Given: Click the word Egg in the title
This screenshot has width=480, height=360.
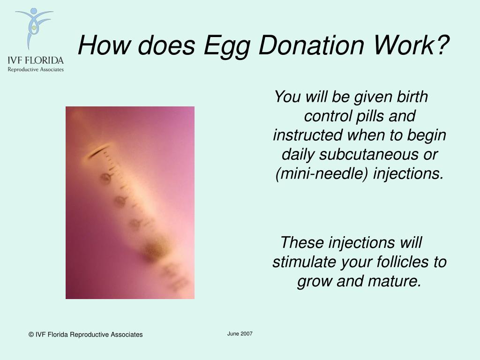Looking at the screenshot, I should click(227, 46).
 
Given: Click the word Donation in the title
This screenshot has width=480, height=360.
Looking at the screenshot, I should click(311, 46).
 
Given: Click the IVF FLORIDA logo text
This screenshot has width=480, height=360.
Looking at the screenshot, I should click(36, 60).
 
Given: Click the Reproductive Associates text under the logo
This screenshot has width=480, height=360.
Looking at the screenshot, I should click(36, 69).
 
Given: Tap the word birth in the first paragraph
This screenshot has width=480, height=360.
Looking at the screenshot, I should click(412, 97).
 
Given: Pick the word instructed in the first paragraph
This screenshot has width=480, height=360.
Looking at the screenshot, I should click(307, 135).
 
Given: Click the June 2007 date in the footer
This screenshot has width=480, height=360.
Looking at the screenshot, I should click(240, 334).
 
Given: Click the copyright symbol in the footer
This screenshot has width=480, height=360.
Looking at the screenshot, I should click(31, 335).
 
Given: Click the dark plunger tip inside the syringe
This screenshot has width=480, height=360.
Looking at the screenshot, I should click(155, 251).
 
